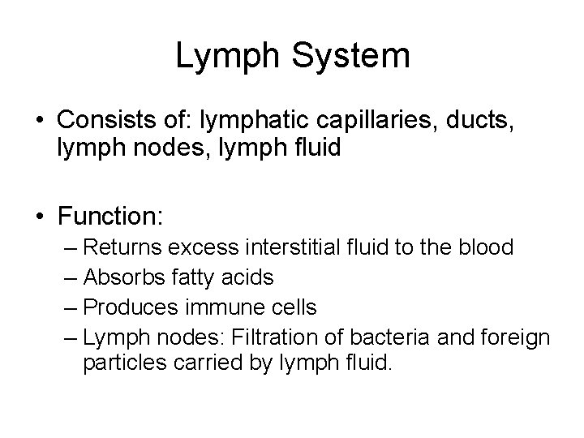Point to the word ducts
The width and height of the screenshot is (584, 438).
pyautogui.click(x=483, y=120)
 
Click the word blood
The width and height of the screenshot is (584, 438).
pyautogui.click(x=482, y=247)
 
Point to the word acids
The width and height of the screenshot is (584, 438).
pyautogui.click(x=247, y=277)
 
